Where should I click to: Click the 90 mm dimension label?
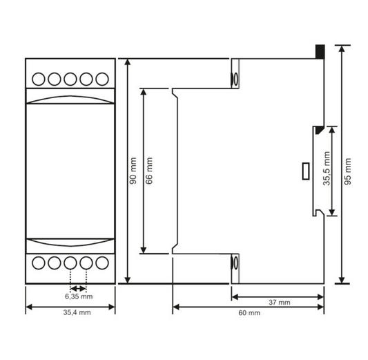[133, 171]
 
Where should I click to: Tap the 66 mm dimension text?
[149, 171]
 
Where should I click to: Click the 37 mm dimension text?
[279, 303]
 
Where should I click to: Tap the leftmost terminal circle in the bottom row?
[38, 263]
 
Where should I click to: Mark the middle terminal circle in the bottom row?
[70, 263]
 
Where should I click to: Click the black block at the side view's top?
[320, 51]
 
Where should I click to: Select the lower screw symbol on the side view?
[234, 263]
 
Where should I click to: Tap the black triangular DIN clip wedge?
[318, 129]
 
